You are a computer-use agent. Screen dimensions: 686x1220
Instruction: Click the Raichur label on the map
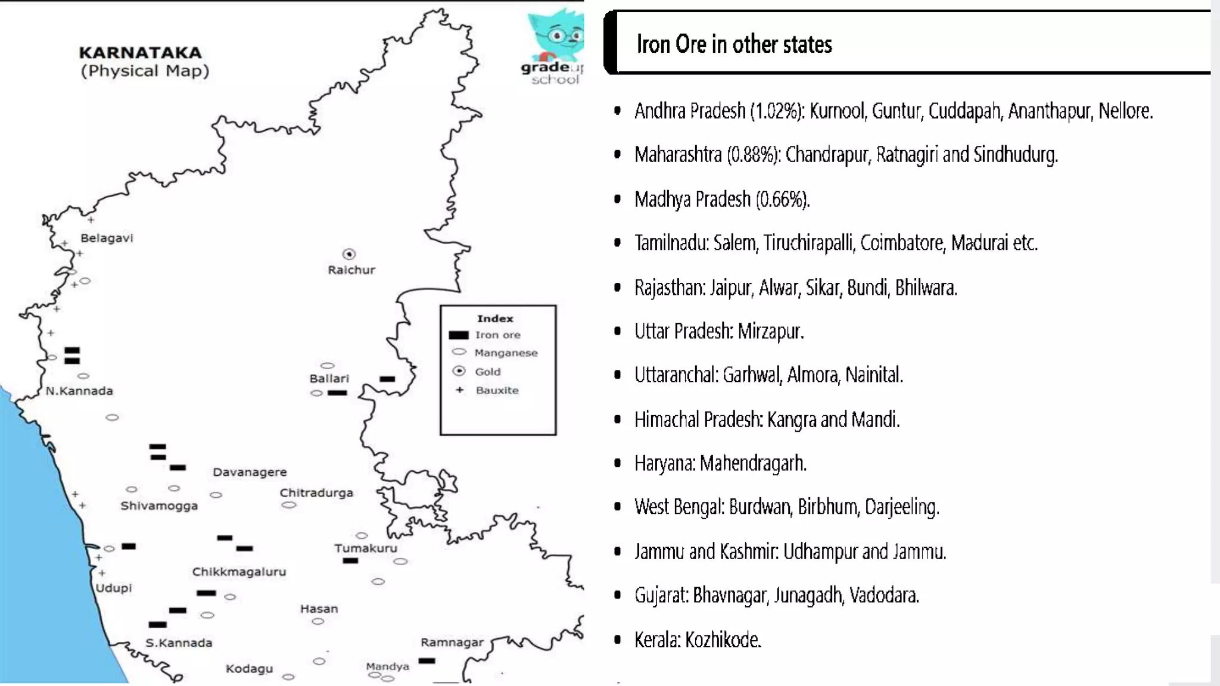[351, 270]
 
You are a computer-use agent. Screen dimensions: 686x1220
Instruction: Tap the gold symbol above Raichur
[349, 254]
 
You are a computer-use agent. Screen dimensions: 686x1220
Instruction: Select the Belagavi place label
[107, 238]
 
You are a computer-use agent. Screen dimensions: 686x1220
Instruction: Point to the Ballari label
[329, 379]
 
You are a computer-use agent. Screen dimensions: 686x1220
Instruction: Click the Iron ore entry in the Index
[497, 335]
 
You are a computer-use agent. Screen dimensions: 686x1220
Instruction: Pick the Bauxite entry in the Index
[497, 391]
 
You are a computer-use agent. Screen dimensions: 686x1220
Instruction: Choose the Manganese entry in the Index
[506, 353]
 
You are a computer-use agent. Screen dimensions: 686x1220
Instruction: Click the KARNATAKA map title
[140, 53]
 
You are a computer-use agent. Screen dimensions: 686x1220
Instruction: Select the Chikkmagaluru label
[239, 572]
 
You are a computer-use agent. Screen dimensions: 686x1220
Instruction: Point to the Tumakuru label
[365, 548]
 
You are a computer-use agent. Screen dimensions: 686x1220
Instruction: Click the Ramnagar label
[452, 643]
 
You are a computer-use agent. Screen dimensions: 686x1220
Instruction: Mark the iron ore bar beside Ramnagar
[427, 660]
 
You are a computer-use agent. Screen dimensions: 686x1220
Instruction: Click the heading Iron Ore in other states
[734, 45]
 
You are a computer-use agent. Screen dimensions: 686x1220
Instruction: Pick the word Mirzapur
[770, 331]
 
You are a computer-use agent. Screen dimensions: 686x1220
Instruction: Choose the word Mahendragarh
[753, 463]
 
